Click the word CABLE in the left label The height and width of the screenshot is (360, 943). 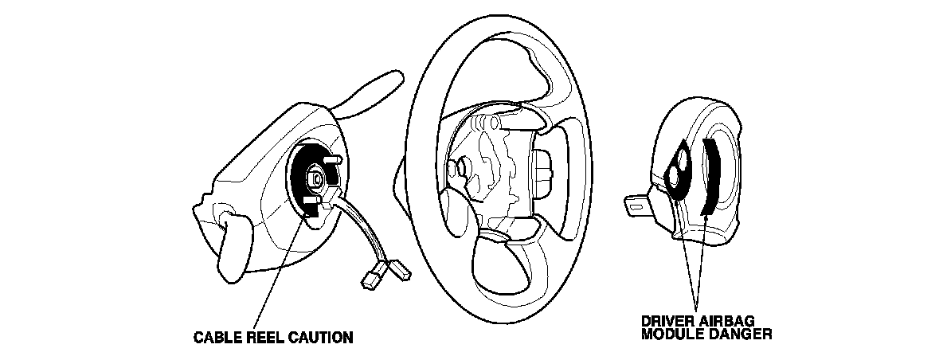coord(217,338)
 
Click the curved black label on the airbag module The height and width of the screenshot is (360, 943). coord(710,175)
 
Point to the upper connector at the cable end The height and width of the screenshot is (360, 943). coord(398,269)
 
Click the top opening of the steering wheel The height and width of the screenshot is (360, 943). coord(510,80)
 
